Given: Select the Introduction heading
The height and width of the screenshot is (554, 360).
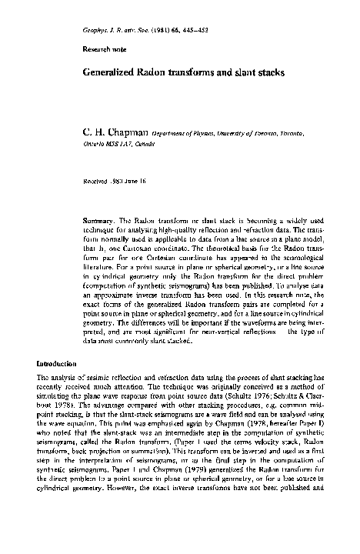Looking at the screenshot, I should (58, 361).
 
